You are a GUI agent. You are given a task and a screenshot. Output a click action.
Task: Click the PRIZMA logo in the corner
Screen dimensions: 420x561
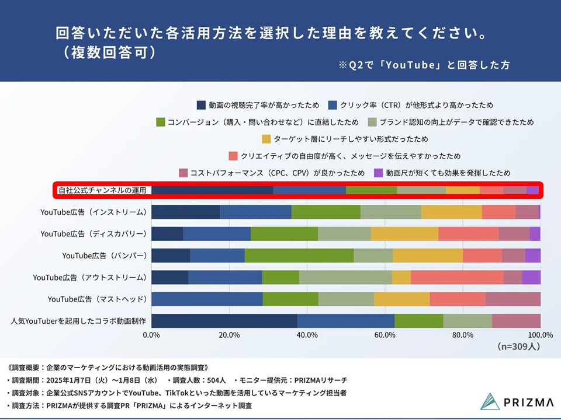[508, 402]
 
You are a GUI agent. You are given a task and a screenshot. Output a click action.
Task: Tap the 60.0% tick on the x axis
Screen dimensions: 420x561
[385, 335]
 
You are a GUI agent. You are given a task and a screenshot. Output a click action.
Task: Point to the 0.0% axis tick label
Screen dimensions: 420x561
[151, 335]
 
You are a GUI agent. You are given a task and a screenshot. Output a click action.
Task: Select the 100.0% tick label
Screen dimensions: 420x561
[540, 335]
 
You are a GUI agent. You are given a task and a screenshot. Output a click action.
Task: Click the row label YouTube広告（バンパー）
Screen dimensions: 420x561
[104, 256]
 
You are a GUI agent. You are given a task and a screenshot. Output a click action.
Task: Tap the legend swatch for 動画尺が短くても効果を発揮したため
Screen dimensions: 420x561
[378, 173]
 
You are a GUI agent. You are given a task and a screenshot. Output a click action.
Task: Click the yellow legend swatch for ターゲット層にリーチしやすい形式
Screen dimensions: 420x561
[266, 139]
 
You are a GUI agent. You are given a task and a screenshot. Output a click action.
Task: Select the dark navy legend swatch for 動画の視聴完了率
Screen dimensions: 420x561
[201, 106]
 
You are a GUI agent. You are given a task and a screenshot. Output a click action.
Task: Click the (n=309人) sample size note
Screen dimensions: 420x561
[518, 346]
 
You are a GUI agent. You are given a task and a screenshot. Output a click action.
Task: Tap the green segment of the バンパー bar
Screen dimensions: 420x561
[299, 256]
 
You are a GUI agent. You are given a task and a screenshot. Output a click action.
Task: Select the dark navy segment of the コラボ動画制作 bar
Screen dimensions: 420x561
[224, 321]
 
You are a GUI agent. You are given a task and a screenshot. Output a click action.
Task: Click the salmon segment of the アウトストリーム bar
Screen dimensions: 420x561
[456, 277]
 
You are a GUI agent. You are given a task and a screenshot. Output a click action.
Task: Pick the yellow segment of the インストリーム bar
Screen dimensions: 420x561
[451, 212]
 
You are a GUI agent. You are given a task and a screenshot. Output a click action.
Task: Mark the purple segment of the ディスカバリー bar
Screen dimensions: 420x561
[535, 234]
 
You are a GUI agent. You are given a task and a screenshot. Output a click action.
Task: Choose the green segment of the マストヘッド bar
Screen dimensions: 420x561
[290, 299]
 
